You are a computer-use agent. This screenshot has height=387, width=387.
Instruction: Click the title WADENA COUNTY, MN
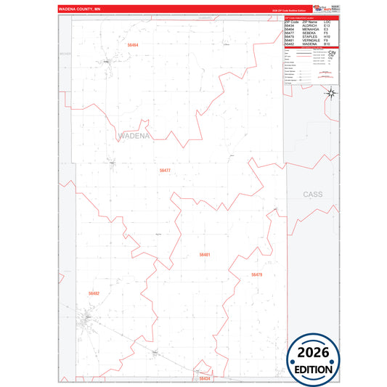(x=82, y=9)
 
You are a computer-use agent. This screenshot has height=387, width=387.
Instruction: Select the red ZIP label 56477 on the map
(x=165, y=170)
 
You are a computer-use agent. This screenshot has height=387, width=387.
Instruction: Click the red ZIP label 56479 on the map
(x=256, y=274)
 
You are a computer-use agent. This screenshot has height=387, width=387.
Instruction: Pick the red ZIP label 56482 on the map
(x=94, y=293)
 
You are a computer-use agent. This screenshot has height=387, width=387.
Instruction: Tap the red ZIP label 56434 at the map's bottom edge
(x=205, y=378)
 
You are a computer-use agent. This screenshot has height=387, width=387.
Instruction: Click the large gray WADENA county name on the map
(x=133, y=136)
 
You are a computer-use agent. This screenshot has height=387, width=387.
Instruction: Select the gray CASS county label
(x=312, y=195)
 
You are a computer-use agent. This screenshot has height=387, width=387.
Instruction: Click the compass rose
(x=330, y=92)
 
